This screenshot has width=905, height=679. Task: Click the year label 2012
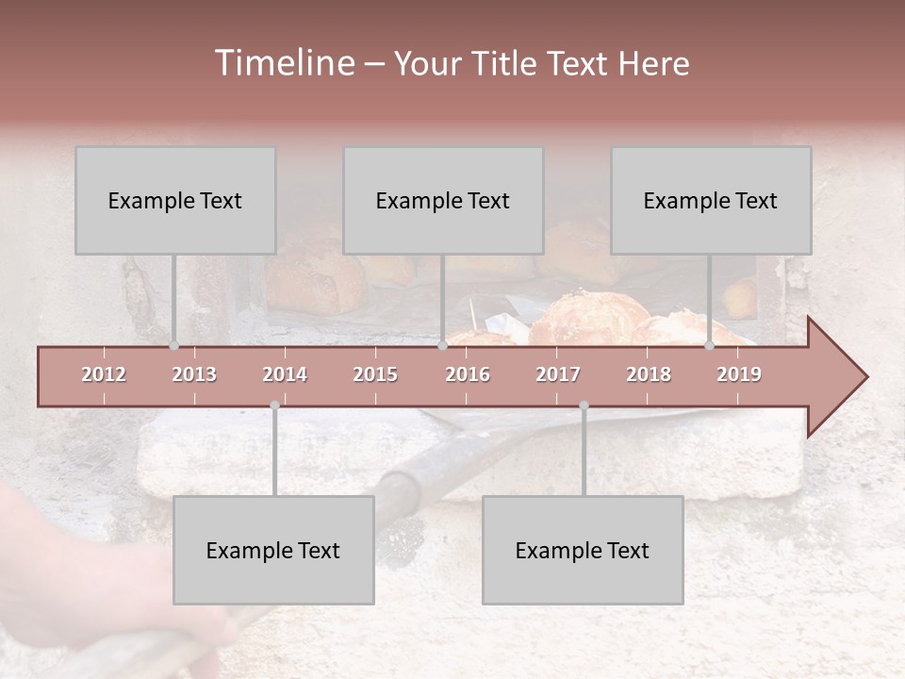click(x=104, y=374)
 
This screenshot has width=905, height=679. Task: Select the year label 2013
click(x=194, y=374)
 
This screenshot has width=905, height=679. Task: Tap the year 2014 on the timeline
click(x=285, y=374)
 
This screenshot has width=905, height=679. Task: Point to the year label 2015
click(x=375, y=374)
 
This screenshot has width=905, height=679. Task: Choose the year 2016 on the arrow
click(x=468, y=374)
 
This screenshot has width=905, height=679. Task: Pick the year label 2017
click(x=558, y=374)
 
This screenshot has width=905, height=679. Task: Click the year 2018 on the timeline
click(x=649, y=374)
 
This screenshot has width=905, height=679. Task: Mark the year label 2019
click(x=739, y=374)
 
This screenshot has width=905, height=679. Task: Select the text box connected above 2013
click(x=175, y=200)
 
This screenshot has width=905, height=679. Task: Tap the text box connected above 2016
click(x=443, y=200)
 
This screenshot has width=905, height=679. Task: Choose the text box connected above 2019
click(x=711, y=200)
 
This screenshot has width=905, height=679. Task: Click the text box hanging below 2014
click(x=273, y=550)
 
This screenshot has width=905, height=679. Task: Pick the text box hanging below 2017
click(x=583, y=550)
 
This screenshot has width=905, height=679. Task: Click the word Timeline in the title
click(x=283, y=63)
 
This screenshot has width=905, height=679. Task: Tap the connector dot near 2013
click(x=174, y=346)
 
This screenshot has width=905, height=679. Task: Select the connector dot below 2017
click(x=584, y=406)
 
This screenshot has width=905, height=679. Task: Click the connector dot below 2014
click(x=274, y=406)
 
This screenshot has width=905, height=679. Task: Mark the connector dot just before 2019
click(x=710, y=346)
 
